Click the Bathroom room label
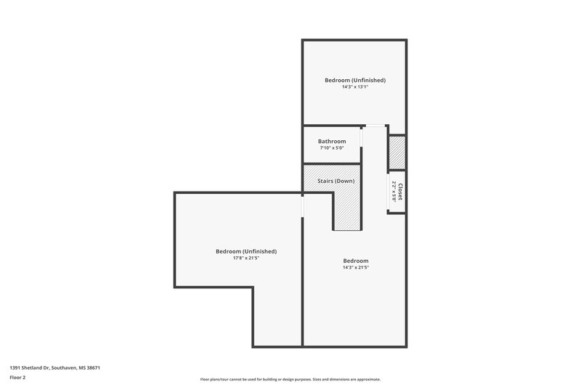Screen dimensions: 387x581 coord(332,141)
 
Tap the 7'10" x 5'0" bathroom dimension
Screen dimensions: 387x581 coord(332,148)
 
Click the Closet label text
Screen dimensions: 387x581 coord(400,191)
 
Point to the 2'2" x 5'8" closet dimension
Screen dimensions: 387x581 coord(393,190)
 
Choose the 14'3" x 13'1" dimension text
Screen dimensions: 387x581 coord(354,87)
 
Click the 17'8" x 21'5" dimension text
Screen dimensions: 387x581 coord(246,258)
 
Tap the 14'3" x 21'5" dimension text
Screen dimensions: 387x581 coord(356,267)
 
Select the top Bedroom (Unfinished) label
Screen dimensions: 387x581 coord(354,80)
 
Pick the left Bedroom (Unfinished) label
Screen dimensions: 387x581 coord(246,251)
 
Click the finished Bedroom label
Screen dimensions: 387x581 coord(356,261)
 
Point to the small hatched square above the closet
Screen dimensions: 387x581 coord(397,152)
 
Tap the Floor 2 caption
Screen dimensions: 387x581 coord(17,378)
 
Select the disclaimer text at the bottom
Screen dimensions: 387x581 coord(290,379)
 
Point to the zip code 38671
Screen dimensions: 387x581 coord(92,368)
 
